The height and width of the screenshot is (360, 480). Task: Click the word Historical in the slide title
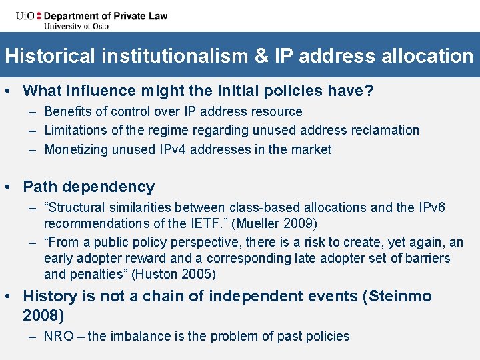click(50, 55)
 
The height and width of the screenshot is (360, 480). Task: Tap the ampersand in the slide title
click(261, 55)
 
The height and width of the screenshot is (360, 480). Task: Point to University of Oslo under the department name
click(76, 26)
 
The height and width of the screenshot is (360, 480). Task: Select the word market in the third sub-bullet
click(310, 149)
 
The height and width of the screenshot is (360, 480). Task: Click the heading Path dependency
click(89, 187)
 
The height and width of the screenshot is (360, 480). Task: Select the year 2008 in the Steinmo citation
click(43, 315)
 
